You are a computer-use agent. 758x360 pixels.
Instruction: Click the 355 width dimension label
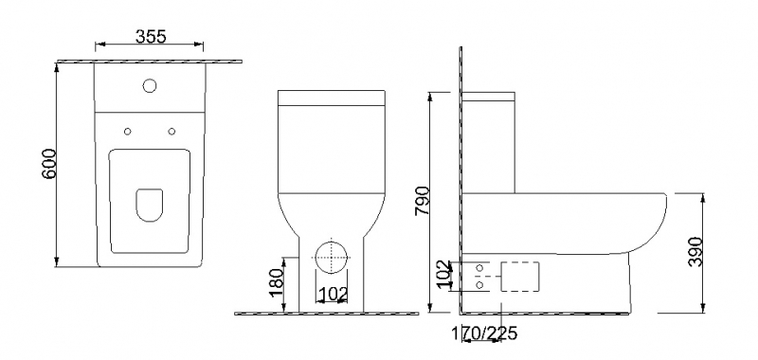tap(151, 37)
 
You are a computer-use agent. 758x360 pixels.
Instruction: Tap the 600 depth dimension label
tap(49, 164)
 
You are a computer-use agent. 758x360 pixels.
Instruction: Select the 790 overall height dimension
tap(421, 201)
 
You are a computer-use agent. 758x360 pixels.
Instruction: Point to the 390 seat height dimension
tap(695, 251)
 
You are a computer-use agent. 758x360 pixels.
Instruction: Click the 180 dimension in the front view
tap(276, 282)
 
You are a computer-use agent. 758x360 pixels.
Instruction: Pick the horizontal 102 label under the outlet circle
tap(334, 294)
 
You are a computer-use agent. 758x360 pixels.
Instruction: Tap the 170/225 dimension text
tap(484, 333)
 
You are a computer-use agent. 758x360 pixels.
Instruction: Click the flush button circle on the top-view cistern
tap(150, 86)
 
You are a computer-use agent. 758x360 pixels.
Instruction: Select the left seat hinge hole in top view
tap(128, 132)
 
